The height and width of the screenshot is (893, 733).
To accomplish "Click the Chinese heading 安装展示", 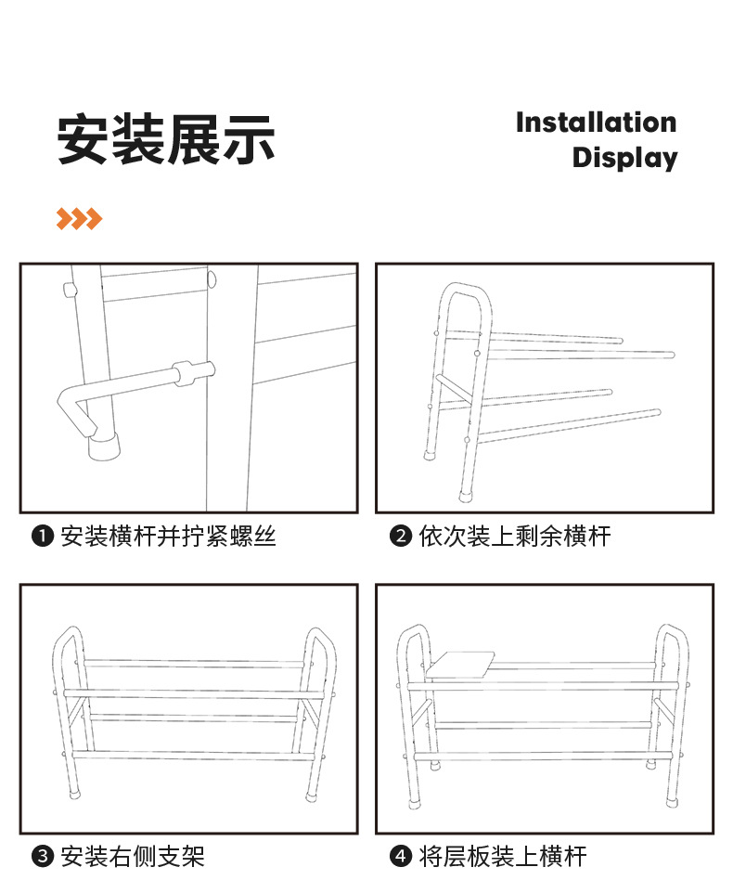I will click(166, 140).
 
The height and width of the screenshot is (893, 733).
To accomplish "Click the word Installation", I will click(596, 123).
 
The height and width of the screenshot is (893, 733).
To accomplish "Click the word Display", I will click(624, 157).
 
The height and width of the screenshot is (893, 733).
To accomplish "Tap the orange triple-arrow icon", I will click(79, 219).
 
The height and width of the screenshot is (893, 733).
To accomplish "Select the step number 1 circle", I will click(42, 537).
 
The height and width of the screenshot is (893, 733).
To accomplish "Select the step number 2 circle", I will click(400, 537).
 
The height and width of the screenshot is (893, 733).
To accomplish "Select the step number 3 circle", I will click(42, 857).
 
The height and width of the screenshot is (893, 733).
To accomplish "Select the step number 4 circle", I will click(400, 857).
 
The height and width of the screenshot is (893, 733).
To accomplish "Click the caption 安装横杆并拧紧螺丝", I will click(168, 537).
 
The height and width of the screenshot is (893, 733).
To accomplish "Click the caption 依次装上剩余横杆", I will click(514, 537).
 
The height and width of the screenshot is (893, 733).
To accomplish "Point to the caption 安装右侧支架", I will click(132, 857).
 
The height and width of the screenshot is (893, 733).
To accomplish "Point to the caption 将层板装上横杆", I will click(502, 857).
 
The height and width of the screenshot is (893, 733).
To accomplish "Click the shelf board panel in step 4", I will click(461, 664).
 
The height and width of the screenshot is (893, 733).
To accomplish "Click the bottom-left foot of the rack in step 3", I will click(75, 795).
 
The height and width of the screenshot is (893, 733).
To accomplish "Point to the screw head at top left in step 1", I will click(69, 290).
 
